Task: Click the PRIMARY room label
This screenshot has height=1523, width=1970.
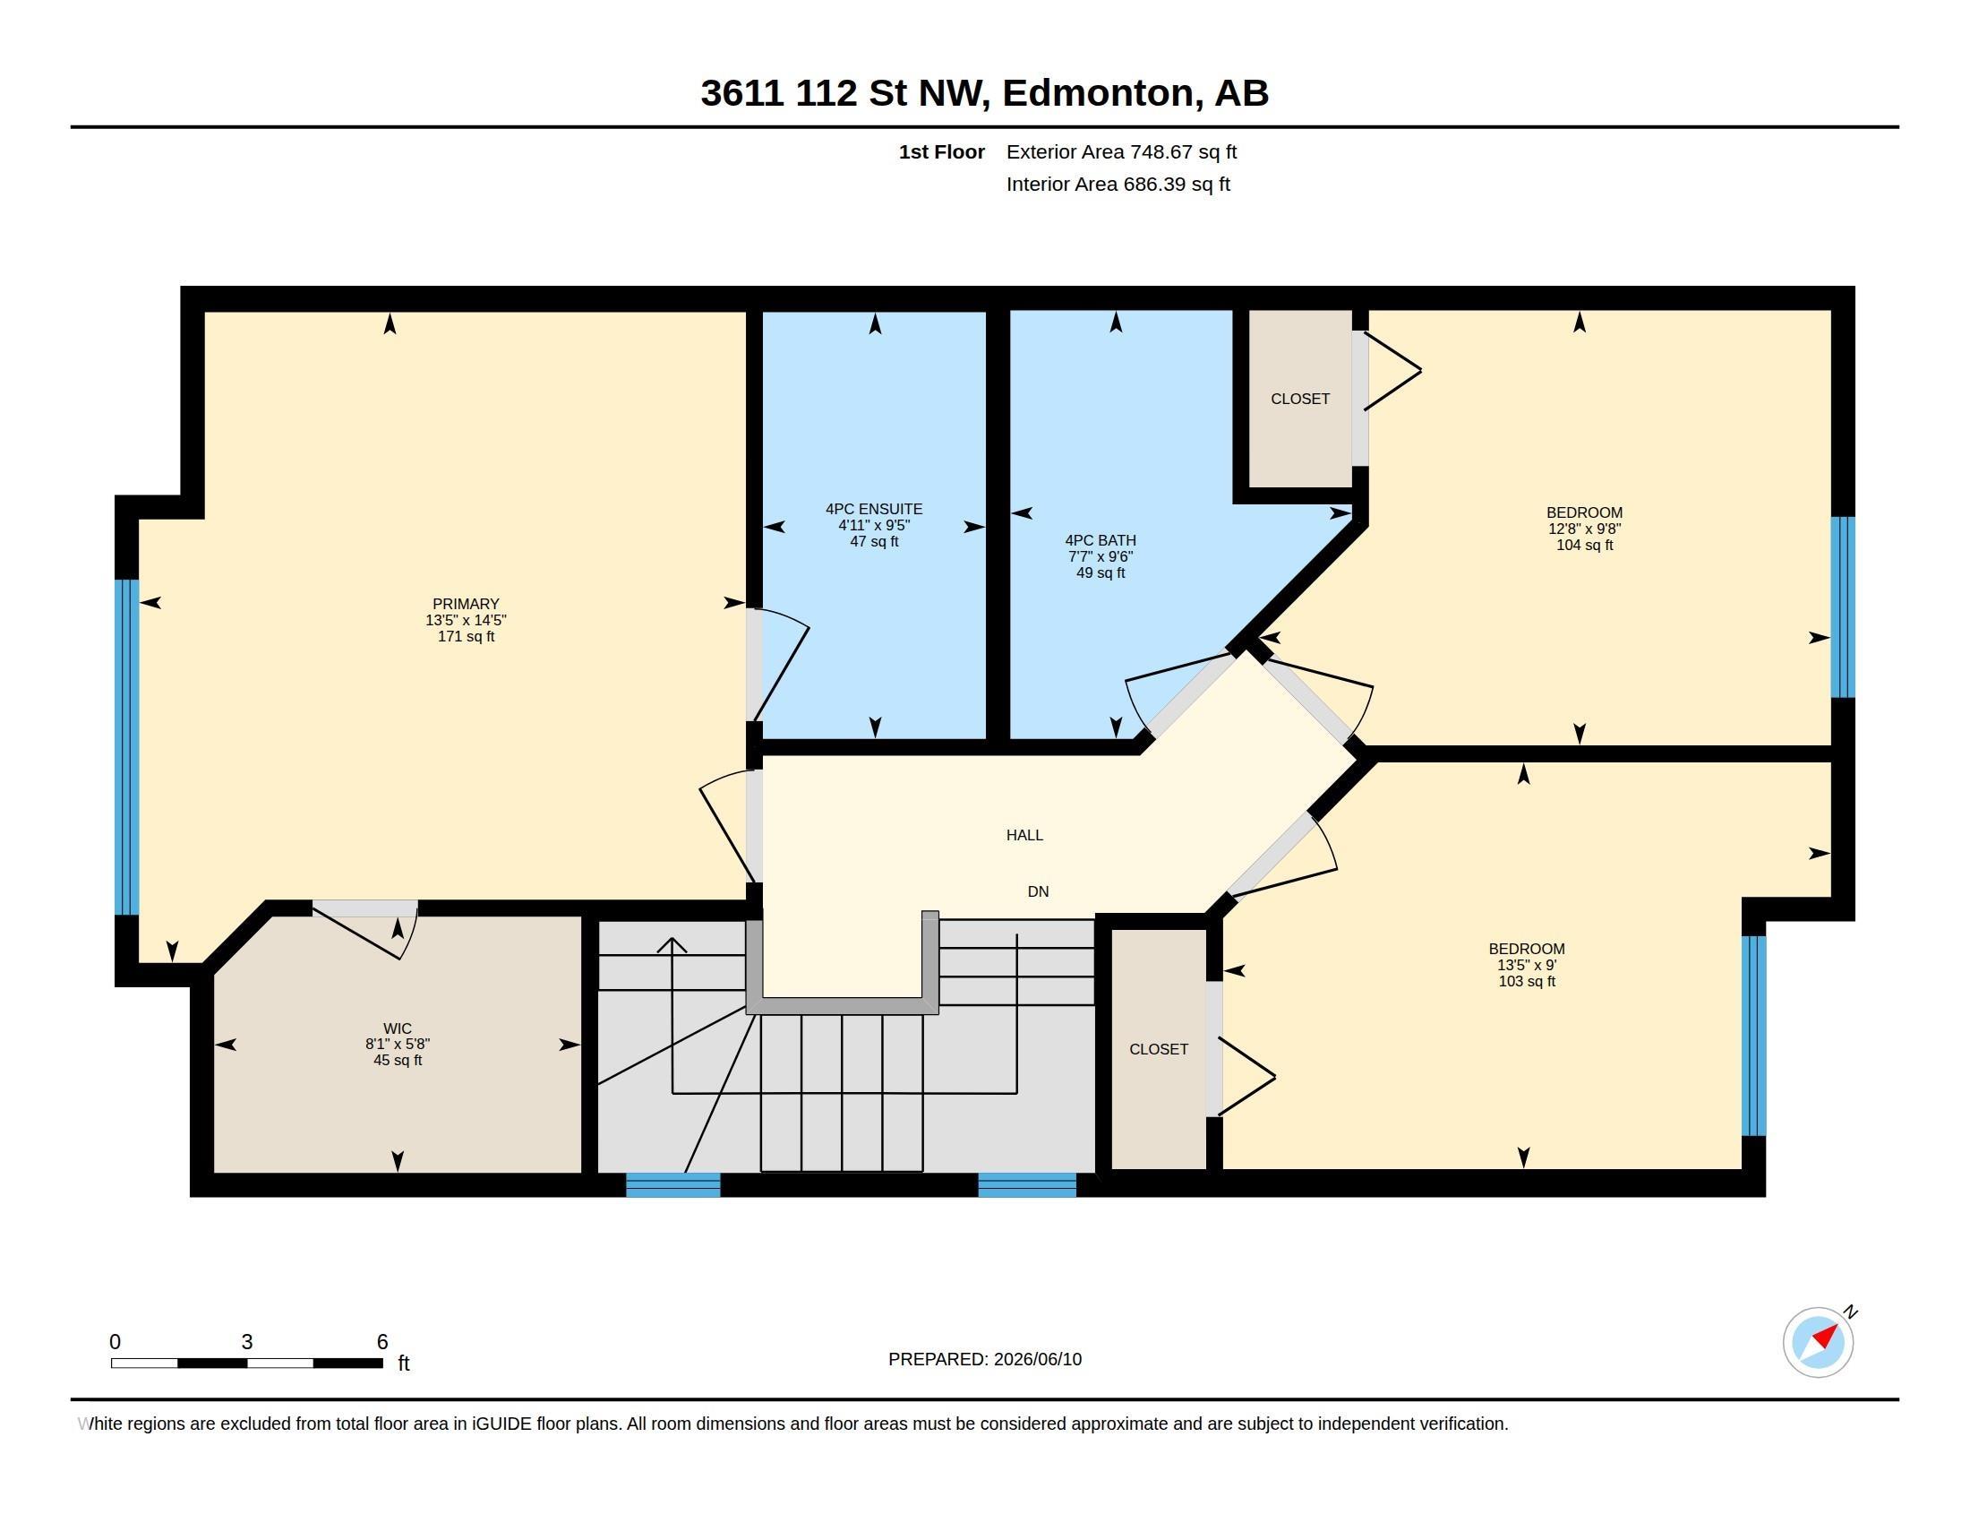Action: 466,604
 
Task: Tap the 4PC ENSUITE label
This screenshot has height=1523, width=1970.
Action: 873,509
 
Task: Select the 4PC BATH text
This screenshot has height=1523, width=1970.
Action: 1101,540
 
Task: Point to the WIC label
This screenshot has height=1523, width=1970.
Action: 397,1028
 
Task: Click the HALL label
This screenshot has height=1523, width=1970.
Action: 1024,836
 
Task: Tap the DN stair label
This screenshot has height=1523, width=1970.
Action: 1038,891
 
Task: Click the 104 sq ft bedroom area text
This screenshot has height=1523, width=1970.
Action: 1584,545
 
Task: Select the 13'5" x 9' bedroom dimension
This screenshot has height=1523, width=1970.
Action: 1526,965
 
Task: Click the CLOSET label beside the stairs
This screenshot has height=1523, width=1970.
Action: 1158,1049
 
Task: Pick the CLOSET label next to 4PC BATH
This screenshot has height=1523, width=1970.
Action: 1300,399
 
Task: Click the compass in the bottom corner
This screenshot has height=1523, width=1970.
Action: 1819,1342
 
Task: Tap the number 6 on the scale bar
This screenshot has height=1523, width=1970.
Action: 382,1342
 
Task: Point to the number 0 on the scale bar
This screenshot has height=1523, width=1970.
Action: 115,1342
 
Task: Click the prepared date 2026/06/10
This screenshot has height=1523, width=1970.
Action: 1037,1360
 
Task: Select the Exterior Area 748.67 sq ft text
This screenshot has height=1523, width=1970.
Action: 1121,151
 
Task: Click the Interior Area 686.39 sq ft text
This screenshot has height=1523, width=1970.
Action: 1118,184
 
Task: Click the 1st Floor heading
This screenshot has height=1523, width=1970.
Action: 942,151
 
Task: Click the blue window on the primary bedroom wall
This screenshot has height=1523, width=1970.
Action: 127,747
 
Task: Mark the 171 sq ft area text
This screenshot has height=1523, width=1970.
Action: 466,636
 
